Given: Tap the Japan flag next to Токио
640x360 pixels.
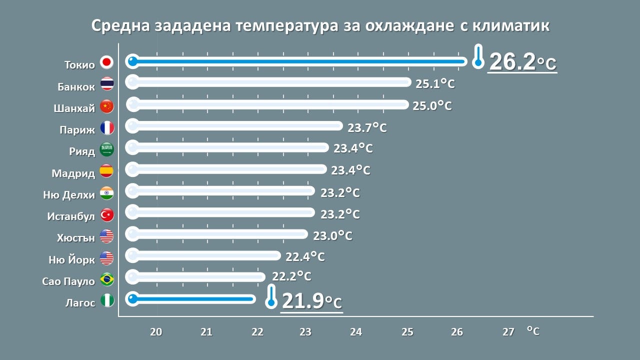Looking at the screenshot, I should (x=106, y=62).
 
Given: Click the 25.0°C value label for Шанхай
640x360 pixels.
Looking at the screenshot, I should (x=432, y=106).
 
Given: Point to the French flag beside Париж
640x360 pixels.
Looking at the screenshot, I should (x=107, y=128).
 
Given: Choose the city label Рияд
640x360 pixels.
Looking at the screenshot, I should (x=82, y=151).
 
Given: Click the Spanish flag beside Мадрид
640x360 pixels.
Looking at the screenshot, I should (x=107, y=171).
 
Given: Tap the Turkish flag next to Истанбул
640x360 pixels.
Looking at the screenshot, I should (x=107, y=215).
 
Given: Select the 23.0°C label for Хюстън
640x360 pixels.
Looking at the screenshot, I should (x=332, y=235).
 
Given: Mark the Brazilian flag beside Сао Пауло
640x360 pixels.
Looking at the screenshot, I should (x=107, y=279).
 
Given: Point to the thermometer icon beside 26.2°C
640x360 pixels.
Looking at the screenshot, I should (x=478, y=56).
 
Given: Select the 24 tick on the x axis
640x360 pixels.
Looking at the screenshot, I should (x=356, y=331).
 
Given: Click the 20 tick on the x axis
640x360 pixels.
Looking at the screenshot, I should (x=156, y=331).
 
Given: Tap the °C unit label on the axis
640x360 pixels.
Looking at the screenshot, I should (x=533, y=330).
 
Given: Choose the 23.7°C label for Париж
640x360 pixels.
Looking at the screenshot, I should (x=367, y=127).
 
